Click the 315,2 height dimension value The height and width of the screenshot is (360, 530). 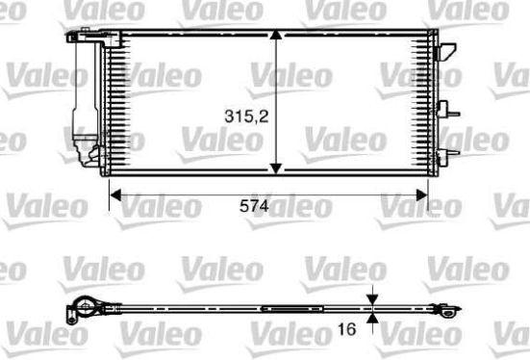click(246, 116)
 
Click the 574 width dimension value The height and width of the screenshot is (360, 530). click(254, 206)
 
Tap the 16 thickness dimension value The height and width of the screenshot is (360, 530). click(347, 329)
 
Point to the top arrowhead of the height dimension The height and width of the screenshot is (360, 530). click(276, 36)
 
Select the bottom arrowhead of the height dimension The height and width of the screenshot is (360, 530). click(276, 168)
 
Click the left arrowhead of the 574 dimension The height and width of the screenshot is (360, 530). click(116, 194)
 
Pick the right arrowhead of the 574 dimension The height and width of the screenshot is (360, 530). click(422, 194)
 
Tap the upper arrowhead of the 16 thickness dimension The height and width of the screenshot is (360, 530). click(372, 299)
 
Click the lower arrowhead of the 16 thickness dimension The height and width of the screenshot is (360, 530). click(372, 319)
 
